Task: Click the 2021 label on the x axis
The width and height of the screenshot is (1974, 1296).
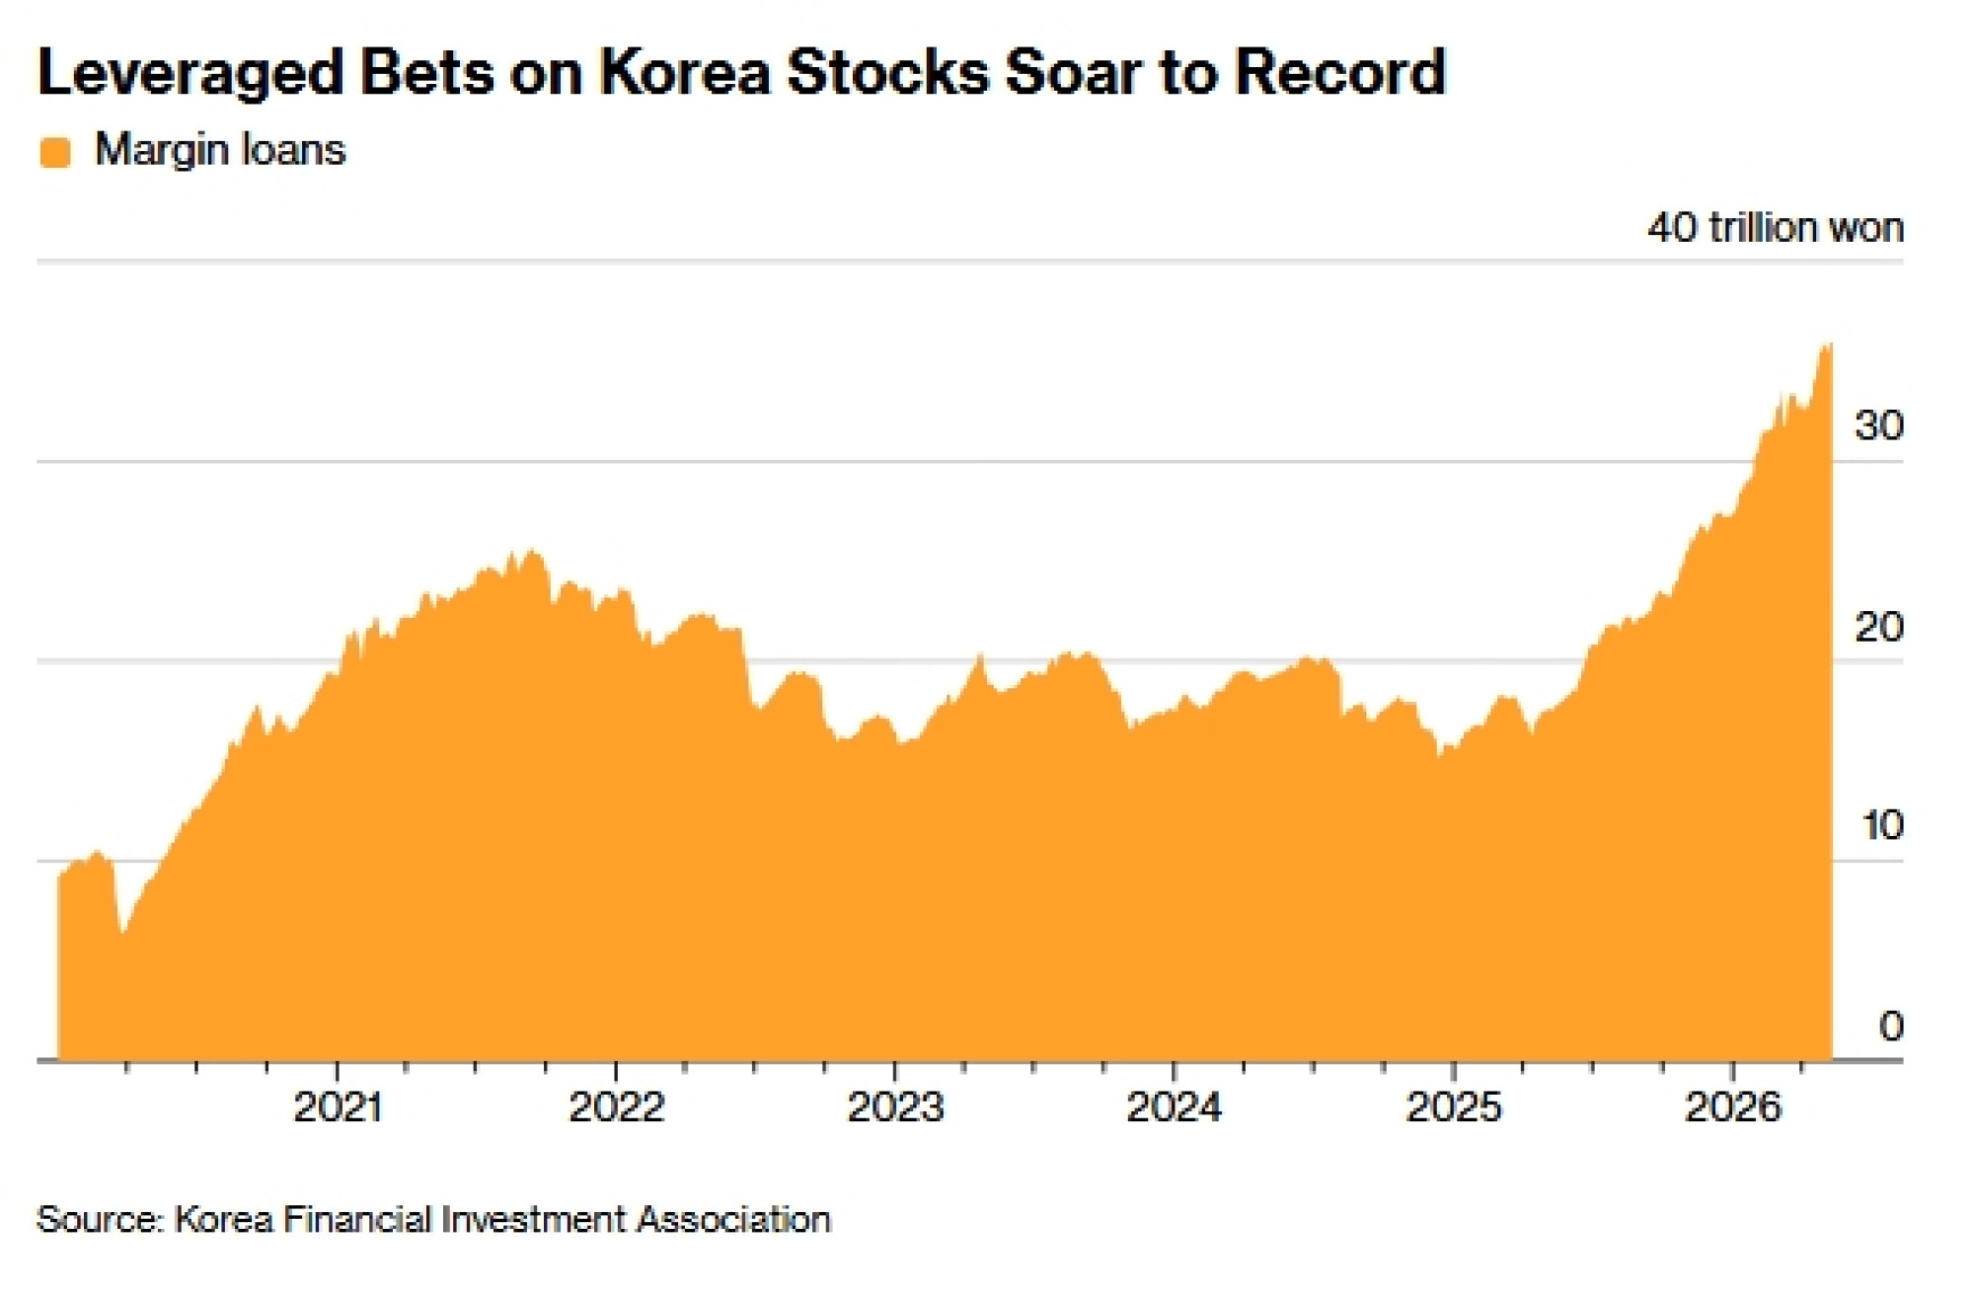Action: click(338, 1107)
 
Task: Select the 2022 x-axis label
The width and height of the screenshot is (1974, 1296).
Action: click(616, 1107)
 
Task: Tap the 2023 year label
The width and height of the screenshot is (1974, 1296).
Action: click(895, 1107)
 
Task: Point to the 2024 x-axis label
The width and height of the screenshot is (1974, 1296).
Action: click(1174, 1107)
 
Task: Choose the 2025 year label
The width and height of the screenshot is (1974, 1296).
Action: click(1453, 1107)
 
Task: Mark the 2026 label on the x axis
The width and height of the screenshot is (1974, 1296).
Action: click(1732, 1107)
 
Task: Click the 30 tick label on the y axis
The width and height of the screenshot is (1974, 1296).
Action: click(1878, 425)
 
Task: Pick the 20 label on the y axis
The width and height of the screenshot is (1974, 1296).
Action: click(1878, 627)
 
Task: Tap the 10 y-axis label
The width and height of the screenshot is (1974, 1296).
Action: click(1881, 825)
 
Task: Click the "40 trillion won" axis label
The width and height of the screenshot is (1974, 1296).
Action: click(1775, 228)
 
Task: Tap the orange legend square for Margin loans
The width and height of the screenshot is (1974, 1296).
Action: click(55, 153)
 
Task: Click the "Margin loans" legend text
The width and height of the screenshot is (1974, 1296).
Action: click(220, 151)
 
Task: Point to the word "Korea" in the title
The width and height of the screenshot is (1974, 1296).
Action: click(685, 73)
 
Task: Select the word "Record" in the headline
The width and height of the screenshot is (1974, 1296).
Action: click(1339, 73)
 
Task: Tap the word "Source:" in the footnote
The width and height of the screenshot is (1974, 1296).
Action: click(100, 1219)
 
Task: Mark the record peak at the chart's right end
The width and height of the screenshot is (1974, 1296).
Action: click(1828, 344)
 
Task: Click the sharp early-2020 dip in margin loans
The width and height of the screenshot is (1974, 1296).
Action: click(122, 931)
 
